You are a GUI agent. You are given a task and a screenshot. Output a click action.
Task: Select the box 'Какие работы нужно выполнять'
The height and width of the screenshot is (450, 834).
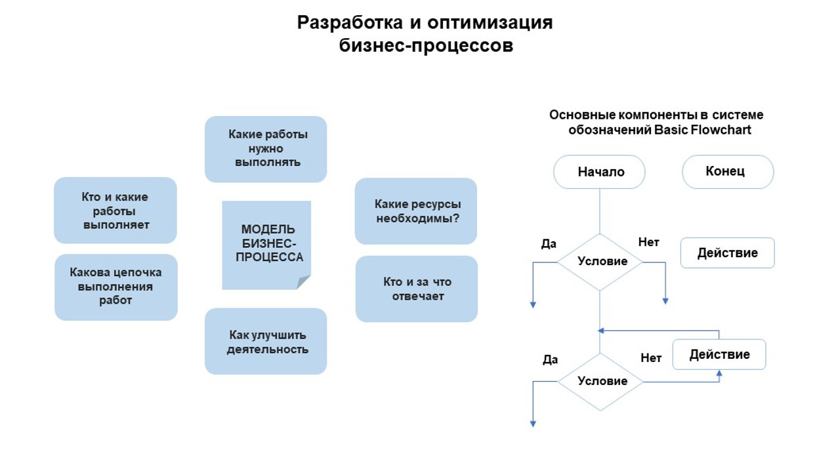pyautogui.click(x=266, y=149)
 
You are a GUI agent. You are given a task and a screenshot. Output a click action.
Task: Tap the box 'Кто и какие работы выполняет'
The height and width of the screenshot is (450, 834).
pyautogui.click(x=115, y=211)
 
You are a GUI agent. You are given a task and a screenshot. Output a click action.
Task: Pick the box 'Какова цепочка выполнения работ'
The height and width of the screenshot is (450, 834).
pyautogui.click(x=116, y=287)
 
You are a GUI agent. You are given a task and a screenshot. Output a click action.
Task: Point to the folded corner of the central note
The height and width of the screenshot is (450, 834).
pyautogui.click(x=304, y=283)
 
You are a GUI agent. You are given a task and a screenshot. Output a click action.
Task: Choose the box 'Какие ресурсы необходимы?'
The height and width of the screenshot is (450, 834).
pyautogui.click(x=416, y=211)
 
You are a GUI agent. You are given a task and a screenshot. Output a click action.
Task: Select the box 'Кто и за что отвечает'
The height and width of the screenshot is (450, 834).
pyautogui.click(x=417, y=289)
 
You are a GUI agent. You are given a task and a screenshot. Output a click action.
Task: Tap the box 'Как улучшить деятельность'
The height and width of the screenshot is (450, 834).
pyautogui.click(x=266, y=341)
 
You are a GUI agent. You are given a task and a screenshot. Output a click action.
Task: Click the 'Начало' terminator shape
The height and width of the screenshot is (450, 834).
pyautogui.click(x=600, y=172)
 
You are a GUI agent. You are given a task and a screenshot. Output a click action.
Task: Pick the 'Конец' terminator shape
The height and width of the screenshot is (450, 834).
pyautogui.click(x=728, y=172)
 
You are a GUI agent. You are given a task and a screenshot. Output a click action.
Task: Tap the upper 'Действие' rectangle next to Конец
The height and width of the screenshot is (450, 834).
pyautogui.click(x=727, y=253)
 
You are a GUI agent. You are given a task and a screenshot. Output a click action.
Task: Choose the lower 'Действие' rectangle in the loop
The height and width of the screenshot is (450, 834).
pyautogui.click(x=719, y=355)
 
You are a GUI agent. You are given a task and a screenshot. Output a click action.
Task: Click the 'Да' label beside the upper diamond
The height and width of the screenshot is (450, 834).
pyautogui.click(x=549, y=244)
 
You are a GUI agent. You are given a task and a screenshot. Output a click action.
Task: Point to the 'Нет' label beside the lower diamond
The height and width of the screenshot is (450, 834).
pyautogui.click(x=651, y=358)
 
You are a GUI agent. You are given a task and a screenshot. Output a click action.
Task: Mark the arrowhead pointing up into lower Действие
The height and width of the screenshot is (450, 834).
pyautogui.click(x=719, y=374)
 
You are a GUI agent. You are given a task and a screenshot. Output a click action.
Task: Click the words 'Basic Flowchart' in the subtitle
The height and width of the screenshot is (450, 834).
pyautogui.click(x=703, y=130)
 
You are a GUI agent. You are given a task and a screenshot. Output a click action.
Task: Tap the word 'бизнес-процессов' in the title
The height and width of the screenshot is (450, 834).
pyautogui.click(x=426, y=46)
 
